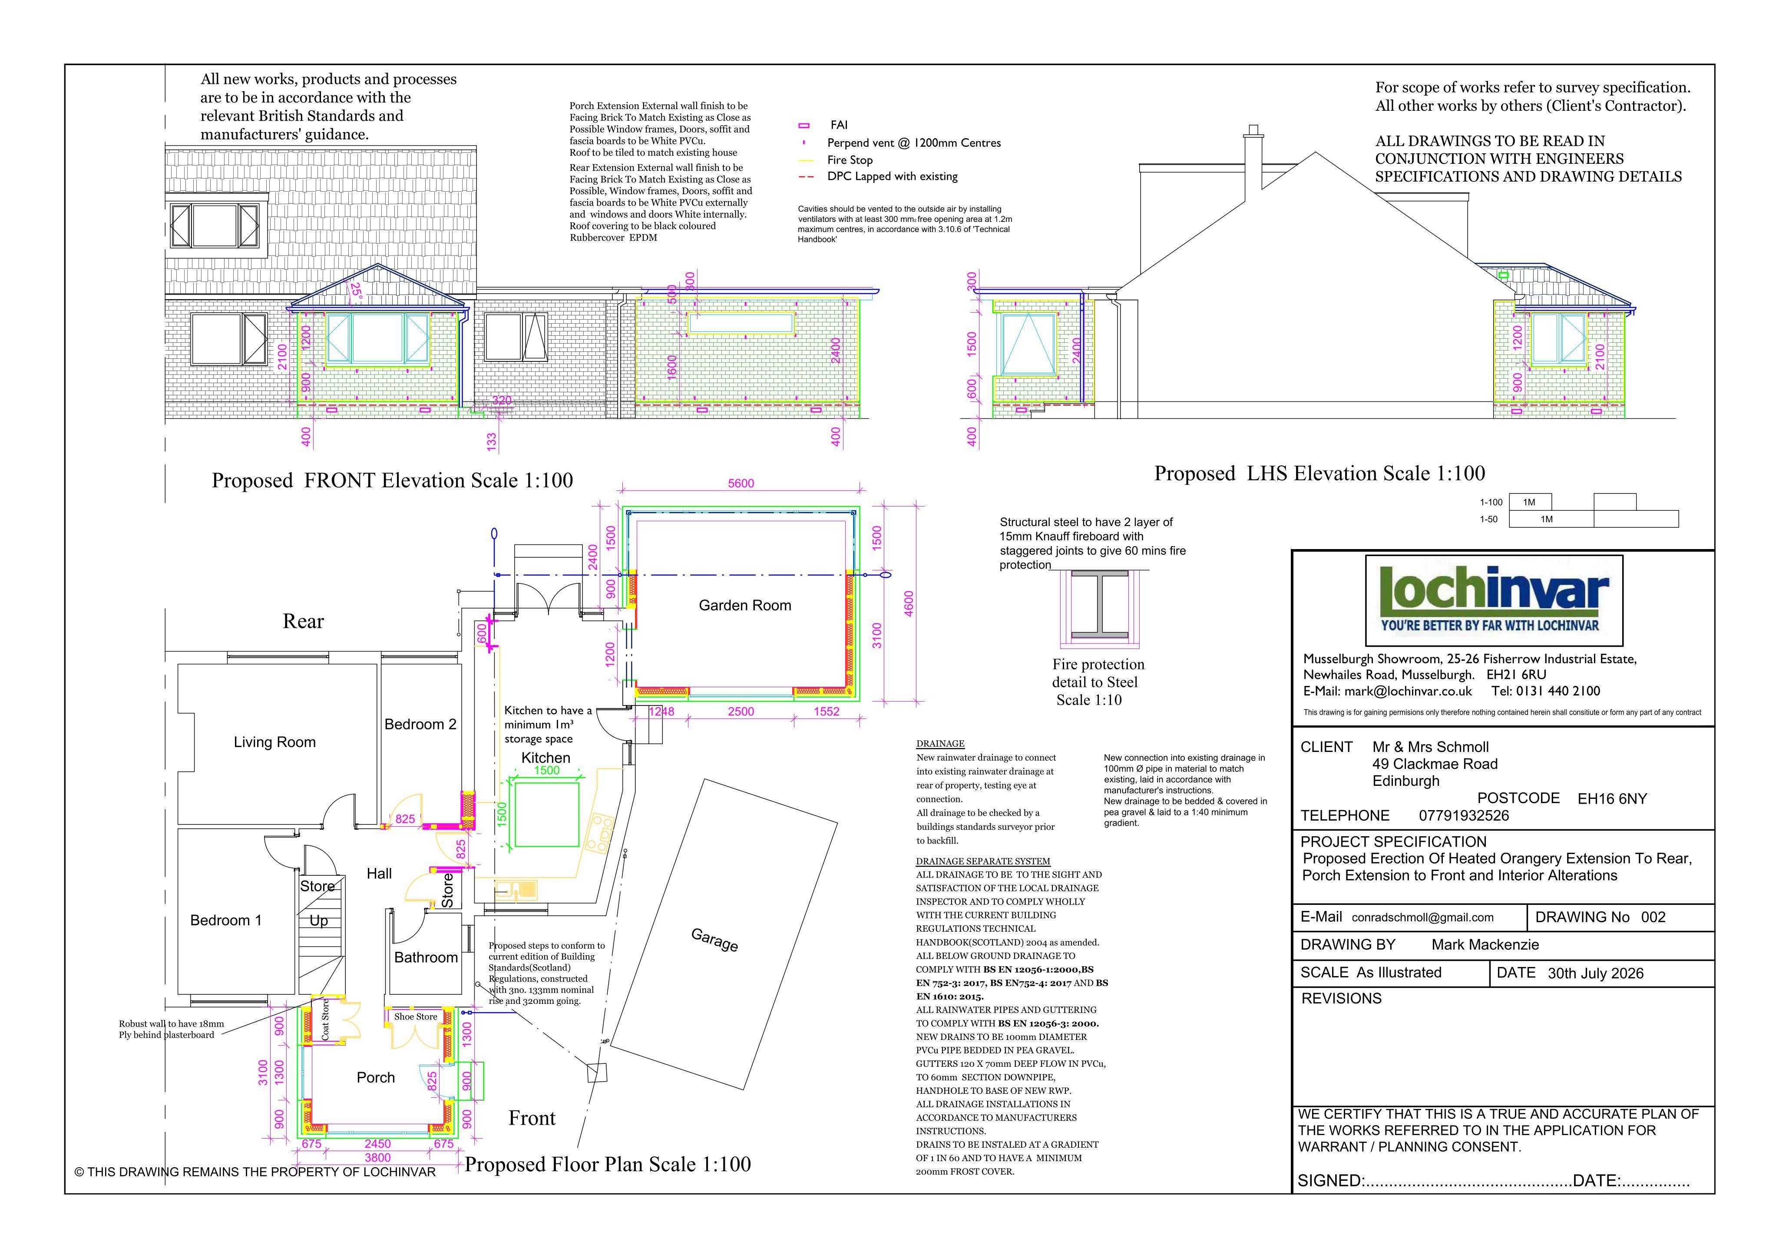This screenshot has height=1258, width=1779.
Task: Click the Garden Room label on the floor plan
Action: pyautogui.click(x=744, y=606)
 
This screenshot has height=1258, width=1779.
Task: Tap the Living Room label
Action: pyautogui.click(x=274, y=742)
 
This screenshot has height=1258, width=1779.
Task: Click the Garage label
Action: pyautogui.click(x=714, y=940)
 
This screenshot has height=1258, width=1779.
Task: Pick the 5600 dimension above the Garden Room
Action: pyautogui.click(x=741, y=483)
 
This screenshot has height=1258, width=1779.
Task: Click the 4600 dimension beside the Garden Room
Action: pyautogui.click(x=909, y=605)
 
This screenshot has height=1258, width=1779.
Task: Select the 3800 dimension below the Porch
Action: pyautogui.click(x=377, y=1157)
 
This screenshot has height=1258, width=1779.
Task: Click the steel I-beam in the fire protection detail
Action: pyautogui.click(x=1099, y=605)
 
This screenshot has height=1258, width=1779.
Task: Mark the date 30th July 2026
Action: pyautogui.click(x=1595, y=973)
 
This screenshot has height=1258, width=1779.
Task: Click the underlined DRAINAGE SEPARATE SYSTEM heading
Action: pyautogui.click(x=982, y=861)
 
